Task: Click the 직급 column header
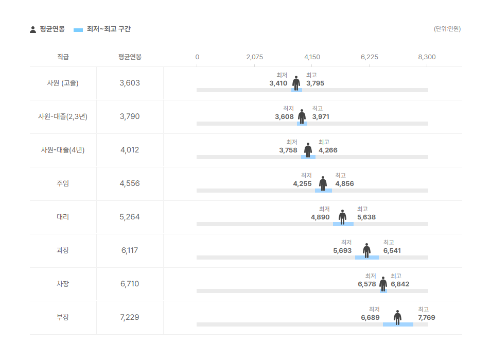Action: [63, 57]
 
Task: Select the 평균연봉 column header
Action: [130, 57]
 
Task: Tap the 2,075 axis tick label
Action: [255, 57]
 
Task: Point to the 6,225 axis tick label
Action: [370, 57]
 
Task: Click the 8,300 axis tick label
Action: [427, 57]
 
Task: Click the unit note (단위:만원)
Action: [447, 29]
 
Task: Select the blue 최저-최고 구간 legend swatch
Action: [78, 30]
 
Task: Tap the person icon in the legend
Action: [33, 29]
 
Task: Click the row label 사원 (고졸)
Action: [63, 83]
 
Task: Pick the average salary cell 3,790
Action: [130, 116]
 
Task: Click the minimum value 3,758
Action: [288, 150]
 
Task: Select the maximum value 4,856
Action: [344, 184]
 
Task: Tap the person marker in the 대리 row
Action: [342, 217]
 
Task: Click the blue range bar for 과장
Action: [367, 258]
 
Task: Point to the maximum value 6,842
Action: [400, 284]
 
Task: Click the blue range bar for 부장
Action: [398, 324]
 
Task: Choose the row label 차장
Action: [63, 284]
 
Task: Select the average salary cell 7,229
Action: [130, 317]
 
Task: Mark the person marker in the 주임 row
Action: [323, 183]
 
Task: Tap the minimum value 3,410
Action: [278, 83]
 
